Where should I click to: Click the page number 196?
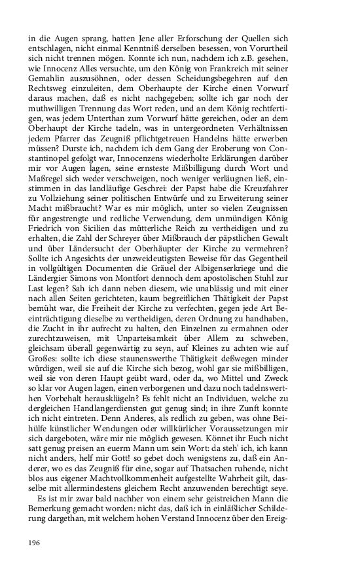pos(35,543)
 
